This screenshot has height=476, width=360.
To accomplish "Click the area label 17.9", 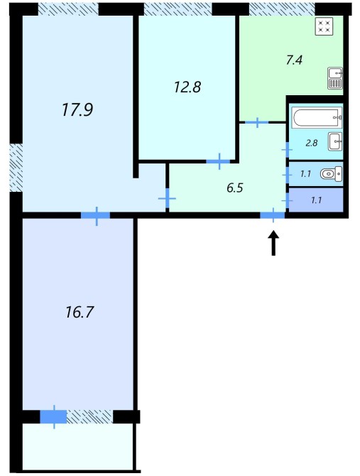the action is coord(77,109).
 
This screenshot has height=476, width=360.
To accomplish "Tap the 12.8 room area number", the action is coord(187,87).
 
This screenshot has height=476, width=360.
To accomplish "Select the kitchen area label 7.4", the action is coord(294,60).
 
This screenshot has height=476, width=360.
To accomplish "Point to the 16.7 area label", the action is coord(79,312).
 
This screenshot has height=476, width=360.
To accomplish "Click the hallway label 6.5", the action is coord(235,188).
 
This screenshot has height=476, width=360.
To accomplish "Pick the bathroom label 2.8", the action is coord(312,143).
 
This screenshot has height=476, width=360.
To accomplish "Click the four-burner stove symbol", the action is coord(324,26).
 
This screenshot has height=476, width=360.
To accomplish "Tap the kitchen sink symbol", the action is coord(335,78).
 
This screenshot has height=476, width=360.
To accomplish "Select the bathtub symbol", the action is coord(317,117).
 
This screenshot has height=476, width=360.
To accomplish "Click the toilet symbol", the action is coord(332,174).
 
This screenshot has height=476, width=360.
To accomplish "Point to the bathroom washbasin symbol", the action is coord(335,141).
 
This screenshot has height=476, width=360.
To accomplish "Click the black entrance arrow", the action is coord(273,243).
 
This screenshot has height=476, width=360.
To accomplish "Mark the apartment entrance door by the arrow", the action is coord(273,215).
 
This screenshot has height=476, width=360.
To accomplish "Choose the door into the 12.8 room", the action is coord(219,161).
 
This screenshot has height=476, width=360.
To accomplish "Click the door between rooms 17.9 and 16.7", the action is coord(96,215).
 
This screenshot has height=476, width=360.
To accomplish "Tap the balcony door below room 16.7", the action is coord(54,417).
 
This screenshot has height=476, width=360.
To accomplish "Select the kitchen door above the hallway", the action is coord(257,122).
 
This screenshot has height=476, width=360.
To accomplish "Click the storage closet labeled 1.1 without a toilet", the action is coord(316,200).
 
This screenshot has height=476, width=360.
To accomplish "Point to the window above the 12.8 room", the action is coord(178,9).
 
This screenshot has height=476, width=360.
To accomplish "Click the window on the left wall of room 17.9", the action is coord(16,168).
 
